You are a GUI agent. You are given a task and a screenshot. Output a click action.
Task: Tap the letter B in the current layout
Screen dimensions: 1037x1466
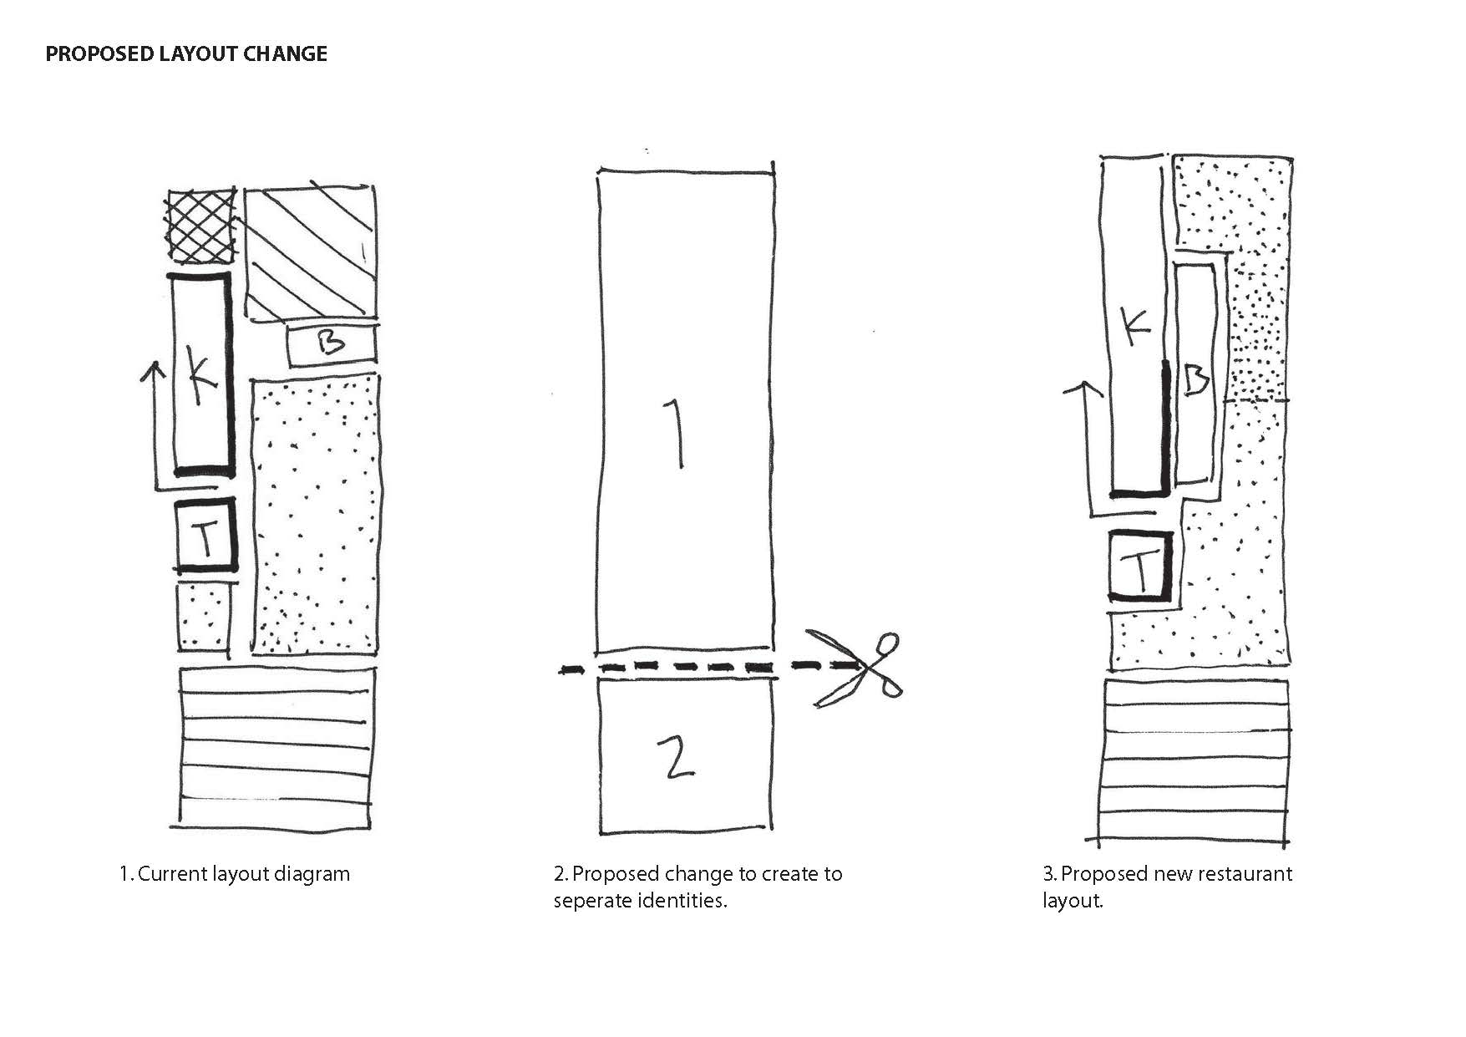[332, 343]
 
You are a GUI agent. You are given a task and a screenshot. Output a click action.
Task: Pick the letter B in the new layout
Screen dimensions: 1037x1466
[1196, 382]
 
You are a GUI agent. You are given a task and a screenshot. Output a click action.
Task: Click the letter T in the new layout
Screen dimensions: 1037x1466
[1140, 568]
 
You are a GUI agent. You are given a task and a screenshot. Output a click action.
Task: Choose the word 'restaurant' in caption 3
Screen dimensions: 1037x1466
[1245, 874]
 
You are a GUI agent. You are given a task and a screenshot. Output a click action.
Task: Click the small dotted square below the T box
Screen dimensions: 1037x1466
[203, 617]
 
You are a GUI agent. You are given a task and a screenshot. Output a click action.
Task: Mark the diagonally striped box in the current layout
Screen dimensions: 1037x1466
[310, 252]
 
